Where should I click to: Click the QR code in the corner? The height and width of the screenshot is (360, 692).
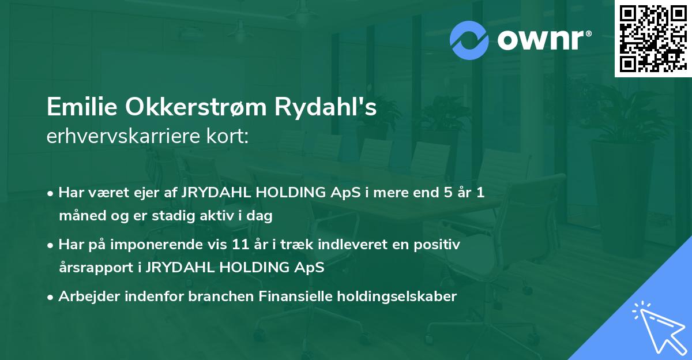653,38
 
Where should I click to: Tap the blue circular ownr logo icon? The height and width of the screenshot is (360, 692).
469,40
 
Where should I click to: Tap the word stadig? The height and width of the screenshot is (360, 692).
176,216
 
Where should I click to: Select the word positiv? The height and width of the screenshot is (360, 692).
440,245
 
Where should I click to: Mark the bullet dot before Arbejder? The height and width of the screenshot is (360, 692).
51,297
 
